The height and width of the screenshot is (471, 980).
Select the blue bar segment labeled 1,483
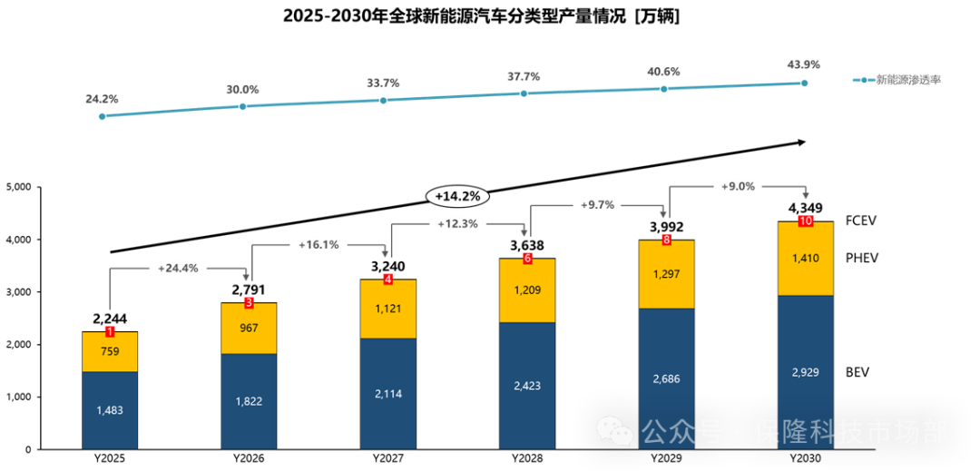[110, 410]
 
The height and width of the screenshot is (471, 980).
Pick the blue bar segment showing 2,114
[388, 394]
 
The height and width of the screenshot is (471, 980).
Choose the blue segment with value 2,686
[667, 378]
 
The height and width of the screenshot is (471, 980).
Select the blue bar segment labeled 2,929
[806, 372]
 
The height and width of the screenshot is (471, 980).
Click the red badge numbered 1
[110, 332]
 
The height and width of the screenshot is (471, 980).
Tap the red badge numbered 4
[388, 280]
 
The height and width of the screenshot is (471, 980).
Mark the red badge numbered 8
[667, 240]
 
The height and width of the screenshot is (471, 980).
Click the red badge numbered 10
[806, 221]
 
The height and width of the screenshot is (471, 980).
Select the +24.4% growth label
[178, 269]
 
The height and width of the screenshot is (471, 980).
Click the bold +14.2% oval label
[457, 196]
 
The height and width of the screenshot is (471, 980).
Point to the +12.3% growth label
[457, 223]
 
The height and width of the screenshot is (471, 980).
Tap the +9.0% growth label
[737, 187]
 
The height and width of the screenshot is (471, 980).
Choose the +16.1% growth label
[318, 244]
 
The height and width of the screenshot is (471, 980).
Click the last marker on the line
[804, 83]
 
